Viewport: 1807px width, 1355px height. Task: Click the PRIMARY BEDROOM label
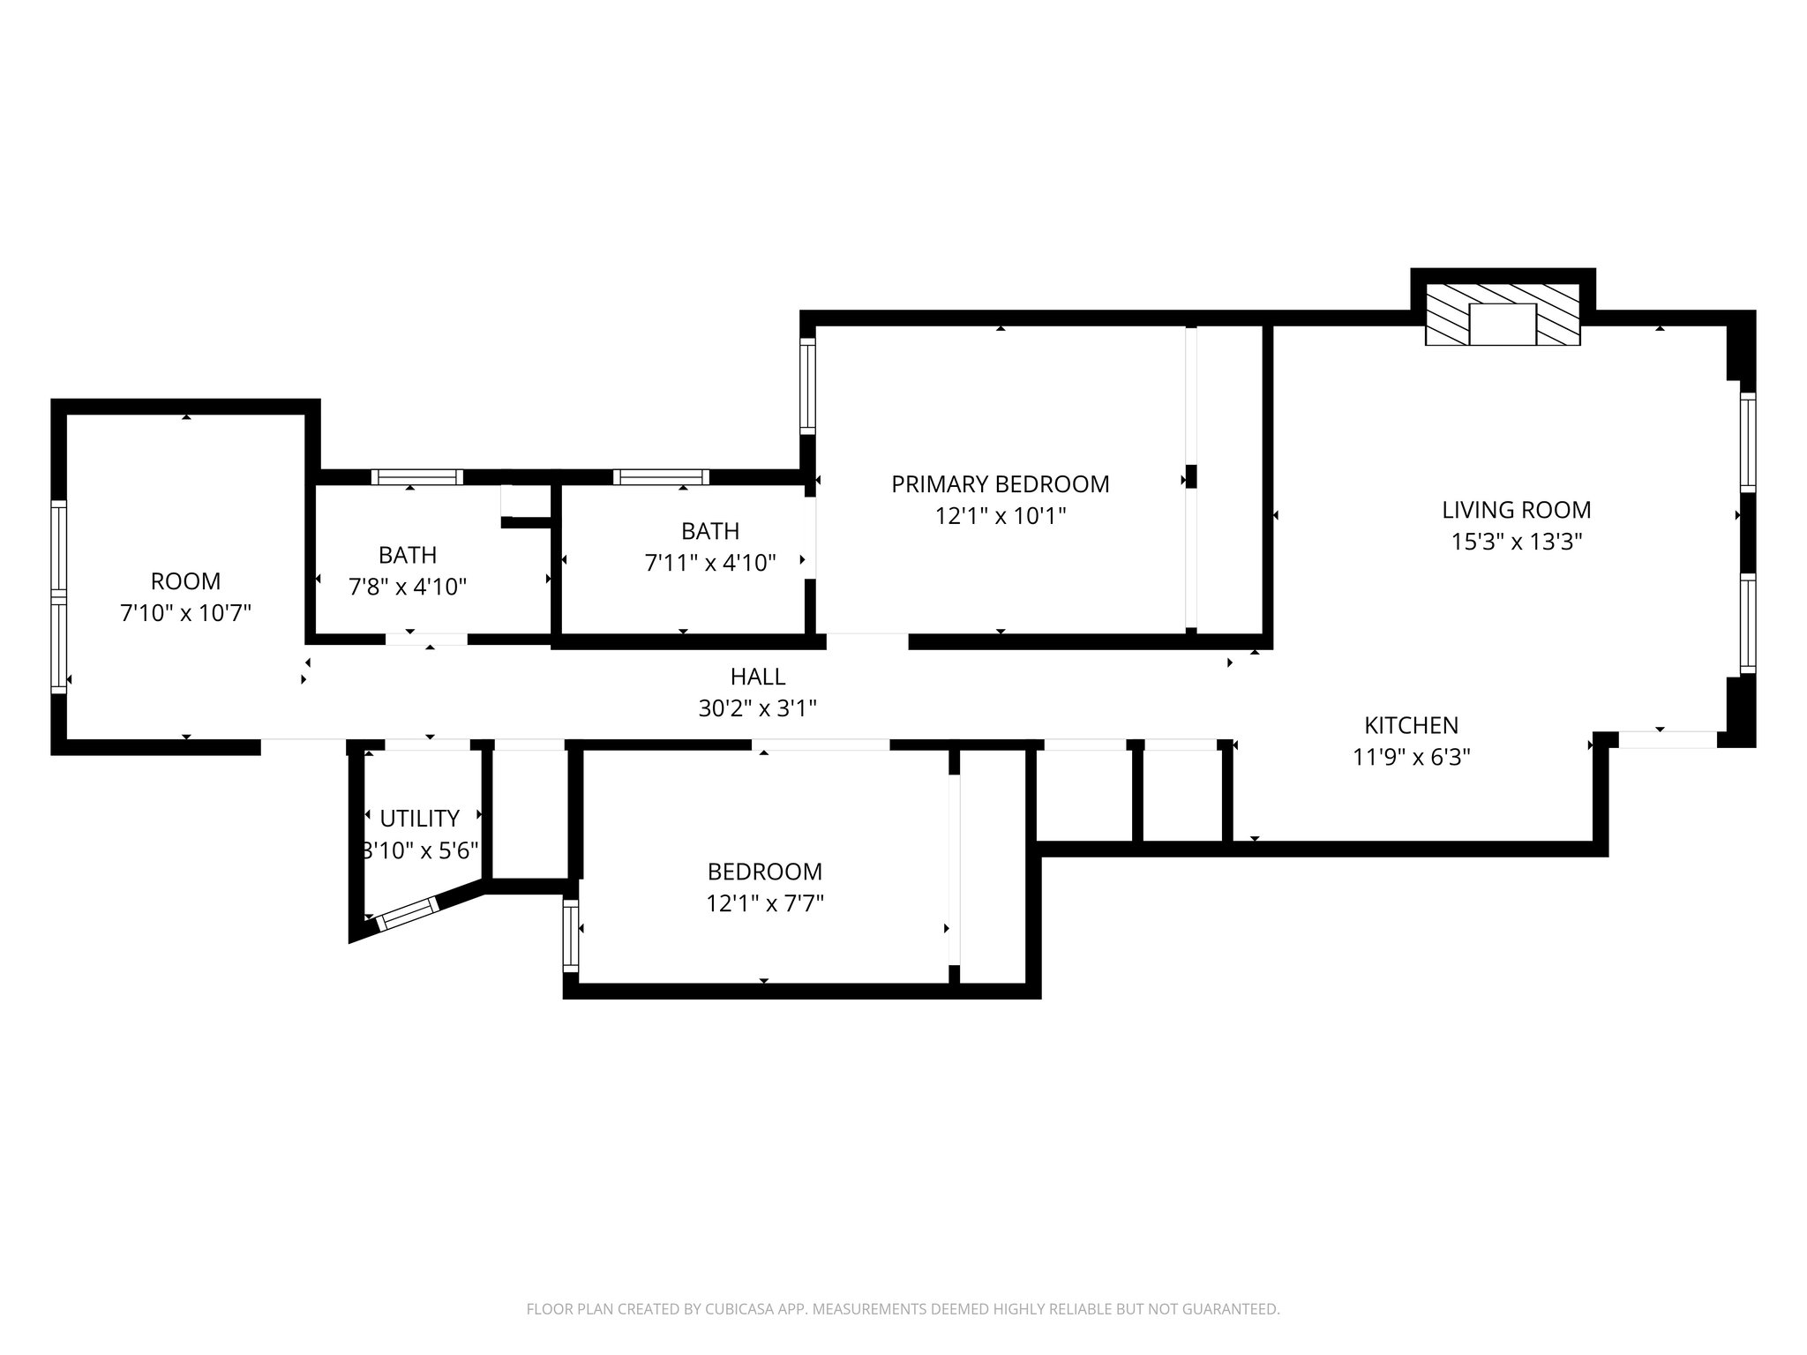pyautogui.click(x=1000, y=484)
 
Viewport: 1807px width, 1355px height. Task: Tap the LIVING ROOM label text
pyautogui.click(x=1516, y=510)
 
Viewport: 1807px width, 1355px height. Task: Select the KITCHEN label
pyautogui.click(x=1411, y=725)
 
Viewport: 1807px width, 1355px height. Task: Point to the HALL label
pyautogui.click(x=757, y=677)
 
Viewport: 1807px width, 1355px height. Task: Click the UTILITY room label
pyautogui.click(x=419, y=819)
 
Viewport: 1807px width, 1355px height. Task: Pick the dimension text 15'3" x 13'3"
pyautogui.click(x=1516, y=542)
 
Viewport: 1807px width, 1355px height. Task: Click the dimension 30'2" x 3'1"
pyautogui.click(x=757, y=708)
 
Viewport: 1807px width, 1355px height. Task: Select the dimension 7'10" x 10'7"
pyautogui.click(x=185, y=613)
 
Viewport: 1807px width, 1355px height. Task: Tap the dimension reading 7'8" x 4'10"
pyautogui.click(x=408, y=587)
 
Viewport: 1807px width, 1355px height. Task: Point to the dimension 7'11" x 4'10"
pyautogui.click(x=710, y=563)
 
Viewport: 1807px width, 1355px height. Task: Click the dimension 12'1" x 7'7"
pyautogui.click(x=764, y=903)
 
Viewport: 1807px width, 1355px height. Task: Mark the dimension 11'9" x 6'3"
pyautogui.click(x=1411, y=757)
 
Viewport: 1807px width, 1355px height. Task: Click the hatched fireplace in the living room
pyautogui.click(x=1503, y=315)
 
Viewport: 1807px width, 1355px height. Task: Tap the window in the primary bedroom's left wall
pyautogui.click(x=807, y=386)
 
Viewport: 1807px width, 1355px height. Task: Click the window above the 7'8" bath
pyautogui.click(x=416, y=477)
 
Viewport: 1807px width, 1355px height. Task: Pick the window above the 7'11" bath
pyautogui.click(x=661, y=477)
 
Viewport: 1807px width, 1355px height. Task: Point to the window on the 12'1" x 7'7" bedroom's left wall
pyautogui.click(x=571, y=936)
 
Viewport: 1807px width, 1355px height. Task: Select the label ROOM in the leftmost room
pyautogui.click(x=185, y=581)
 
